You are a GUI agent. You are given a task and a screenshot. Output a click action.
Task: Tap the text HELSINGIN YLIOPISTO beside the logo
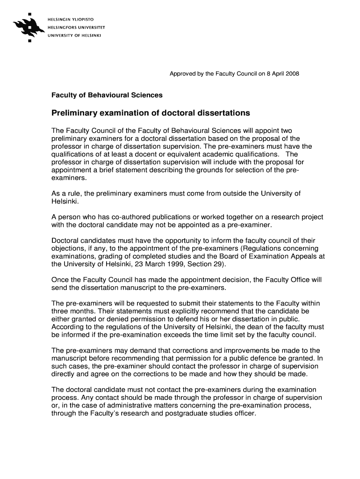[x=70, y=19]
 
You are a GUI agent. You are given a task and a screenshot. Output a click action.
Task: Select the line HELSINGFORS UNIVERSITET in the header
[x=74, y=27]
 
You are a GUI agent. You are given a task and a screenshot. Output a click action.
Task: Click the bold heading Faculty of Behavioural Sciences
[x=107, y=95]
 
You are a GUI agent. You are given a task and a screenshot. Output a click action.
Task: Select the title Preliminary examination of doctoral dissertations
[x=151, y=113]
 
